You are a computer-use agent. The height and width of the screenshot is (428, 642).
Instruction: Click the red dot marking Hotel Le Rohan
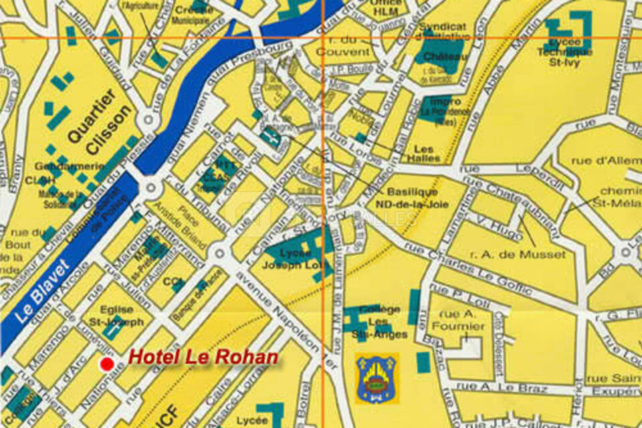106,364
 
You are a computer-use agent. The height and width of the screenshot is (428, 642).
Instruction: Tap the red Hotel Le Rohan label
203,357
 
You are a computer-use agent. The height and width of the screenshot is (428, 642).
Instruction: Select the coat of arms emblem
377,379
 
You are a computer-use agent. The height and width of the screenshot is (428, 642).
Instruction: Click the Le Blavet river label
42,293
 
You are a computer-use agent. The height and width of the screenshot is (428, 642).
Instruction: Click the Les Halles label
427,153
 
